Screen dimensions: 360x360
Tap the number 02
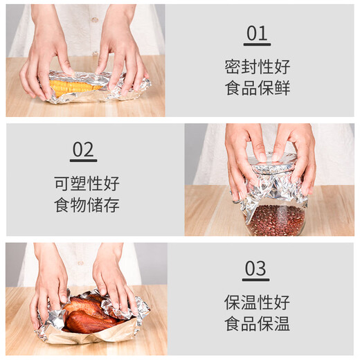83,150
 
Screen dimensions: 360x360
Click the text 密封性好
257,67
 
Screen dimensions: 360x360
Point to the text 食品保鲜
257,89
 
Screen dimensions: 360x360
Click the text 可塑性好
87,183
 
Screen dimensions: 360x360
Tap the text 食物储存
87,206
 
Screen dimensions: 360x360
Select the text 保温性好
257,303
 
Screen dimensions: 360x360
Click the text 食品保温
257,324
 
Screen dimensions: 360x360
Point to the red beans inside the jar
276,221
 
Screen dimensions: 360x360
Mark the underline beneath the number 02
83,161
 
